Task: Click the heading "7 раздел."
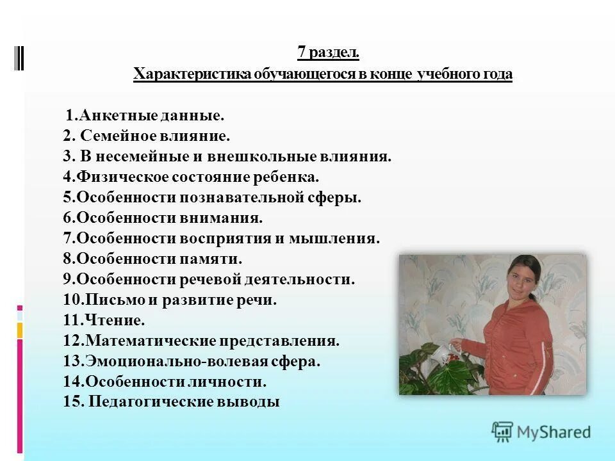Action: pyautogui.click(x=323, y=53)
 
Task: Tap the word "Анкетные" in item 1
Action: pyautogui.click(x=112, y=117)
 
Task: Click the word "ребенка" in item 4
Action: pyautogui.click(x=291, y=177)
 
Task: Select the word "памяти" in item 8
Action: pyautogui.click(x=213, y=259)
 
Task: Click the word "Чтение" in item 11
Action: pyautogui.click(x=113, y=320)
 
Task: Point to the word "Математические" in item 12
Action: pyautogui.click(x=150, y=341)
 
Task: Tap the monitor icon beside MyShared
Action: pyautogui.click(x=503, y=432)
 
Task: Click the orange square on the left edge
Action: pyautogui.click(x=20, y=330)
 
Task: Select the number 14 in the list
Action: pyautogui.click(x=70, y=382)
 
